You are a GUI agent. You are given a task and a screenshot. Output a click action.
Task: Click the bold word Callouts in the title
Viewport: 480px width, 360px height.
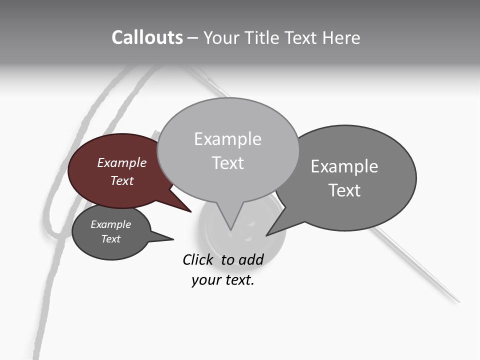[x=147, y=37]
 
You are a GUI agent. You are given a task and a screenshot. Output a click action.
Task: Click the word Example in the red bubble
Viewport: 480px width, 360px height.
[x=121, y=163]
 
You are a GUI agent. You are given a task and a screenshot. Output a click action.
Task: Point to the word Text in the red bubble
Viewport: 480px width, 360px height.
[x=121, y=180]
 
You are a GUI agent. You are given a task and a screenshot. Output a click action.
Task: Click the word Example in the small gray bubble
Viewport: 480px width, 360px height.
[x=110, y=224]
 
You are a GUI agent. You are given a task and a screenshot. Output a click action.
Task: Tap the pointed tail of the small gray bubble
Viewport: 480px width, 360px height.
[x=167, y=238]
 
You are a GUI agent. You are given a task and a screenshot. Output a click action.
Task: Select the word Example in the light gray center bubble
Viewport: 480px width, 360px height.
[x=227, y=139]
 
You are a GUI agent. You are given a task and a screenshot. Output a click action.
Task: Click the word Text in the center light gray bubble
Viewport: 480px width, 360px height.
[x=227, y=163]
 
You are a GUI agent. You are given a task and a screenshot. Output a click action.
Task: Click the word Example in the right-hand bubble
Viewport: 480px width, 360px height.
[x=344, y=166]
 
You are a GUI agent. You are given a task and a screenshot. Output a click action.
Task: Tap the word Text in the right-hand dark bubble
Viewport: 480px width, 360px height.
[x=344, y=190]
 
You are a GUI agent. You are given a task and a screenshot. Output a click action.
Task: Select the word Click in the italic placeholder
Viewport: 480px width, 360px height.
[x=198, y=259]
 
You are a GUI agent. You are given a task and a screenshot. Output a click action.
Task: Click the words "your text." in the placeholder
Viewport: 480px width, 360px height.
[x=223, y=280]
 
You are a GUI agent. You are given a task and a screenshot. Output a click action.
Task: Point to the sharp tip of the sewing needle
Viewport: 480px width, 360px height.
[x=457, y=301]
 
